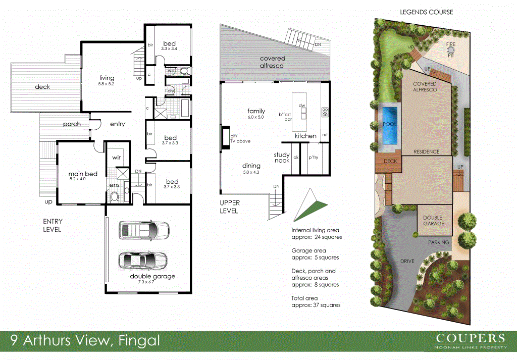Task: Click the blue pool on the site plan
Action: coord(389,124)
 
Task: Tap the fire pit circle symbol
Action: coord(451,50)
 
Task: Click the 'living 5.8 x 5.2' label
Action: coord(107,80)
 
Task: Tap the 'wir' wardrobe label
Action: coord(116,158)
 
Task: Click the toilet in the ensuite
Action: coord(115,196)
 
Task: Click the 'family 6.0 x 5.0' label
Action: coord(256,114)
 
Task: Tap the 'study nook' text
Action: coord(282,158)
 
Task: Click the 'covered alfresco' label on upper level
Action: coord(272,62)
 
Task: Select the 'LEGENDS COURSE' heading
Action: coord(426,12)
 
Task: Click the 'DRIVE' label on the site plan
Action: coord(407,261)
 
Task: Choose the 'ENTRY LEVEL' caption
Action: coord(52,226)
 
